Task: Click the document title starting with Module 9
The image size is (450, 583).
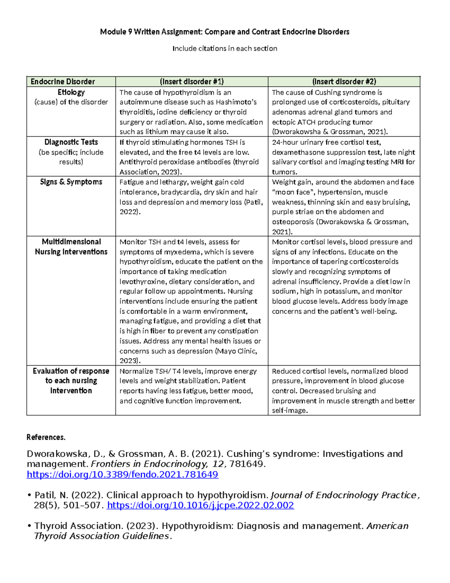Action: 225,32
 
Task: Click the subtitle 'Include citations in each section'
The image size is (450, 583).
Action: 225,48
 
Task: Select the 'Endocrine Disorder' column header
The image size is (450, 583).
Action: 63,82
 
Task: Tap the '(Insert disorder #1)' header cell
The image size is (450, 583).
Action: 192,82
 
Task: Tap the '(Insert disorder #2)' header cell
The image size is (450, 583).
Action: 344,82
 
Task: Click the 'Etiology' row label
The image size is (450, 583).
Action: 71,92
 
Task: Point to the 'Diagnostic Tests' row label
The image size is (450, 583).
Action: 71,142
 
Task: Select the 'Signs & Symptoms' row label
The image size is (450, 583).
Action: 71,182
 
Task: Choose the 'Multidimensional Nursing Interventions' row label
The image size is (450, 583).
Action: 71,247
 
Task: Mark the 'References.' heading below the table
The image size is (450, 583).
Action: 46,437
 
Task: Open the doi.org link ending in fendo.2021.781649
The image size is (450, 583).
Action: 122,475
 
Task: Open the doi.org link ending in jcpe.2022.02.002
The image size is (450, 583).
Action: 200,505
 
